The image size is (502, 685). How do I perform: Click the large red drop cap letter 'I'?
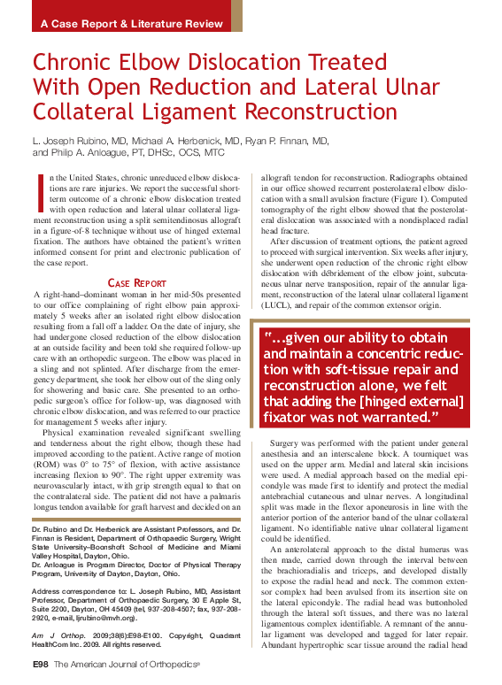[x=40, y=189]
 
